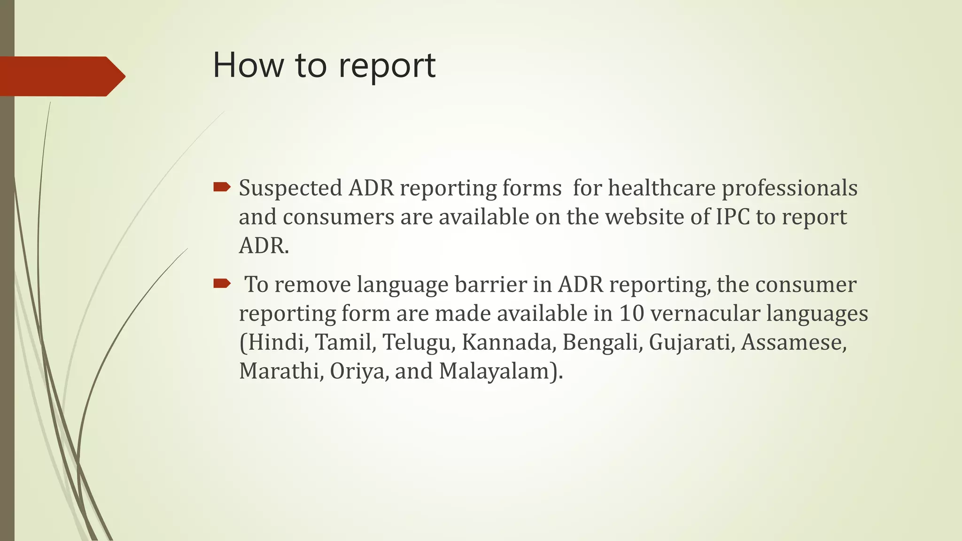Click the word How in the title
pyautogui.click(x=248, y=65)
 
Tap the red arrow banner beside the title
pyautogui.click(x=61, y=76)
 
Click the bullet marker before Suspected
pyautogui.click(x=221, y=188)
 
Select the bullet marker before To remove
pyautogui.click(x=221, y=283)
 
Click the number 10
pyautogui.click(x=631, y=314)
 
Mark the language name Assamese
pyautogui.click(x=793, y=342)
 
